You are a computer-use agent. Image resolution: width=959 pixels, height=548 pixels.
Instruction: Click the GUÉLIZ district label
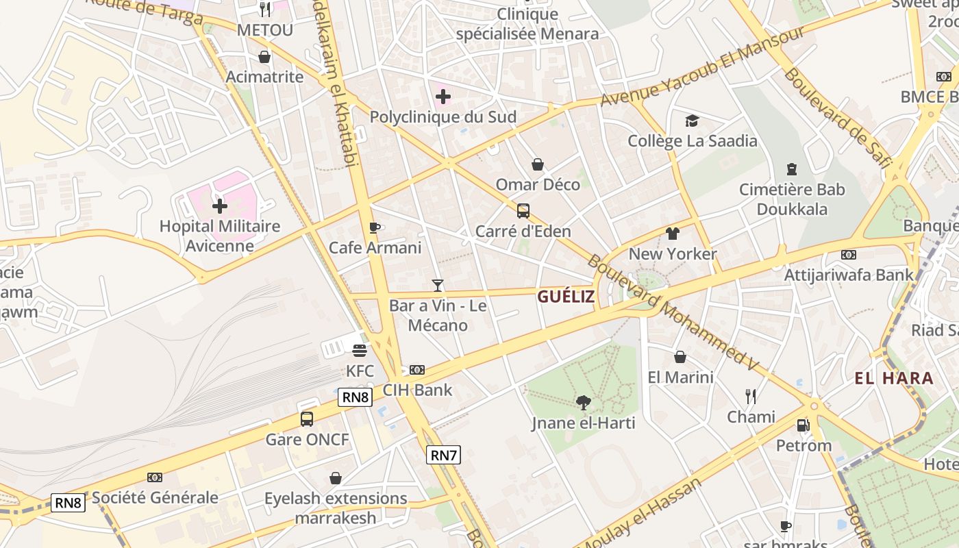tap(566, 297)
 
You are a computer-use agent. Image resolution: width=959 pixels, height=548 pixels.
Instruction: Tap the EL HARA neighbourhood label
tap(893, 378)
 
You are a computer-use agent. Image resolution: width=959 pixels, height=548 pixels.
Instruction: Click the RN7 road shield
tap(443, 455)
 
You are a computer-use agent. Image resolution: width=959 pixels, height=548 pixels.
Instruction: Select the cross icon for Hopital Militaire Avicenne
tap(220, 206)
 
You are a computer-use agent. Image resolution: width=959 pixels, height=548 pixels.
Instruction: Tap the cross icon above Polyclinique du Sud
tap(443, 97)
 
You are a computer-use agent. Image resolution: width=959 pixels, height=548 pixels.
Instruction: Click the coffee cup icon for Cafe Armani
tap(374, 227)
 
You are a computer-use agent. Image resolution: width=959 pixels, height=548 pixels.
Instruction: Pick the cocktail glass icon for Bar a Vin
tap(438, 285)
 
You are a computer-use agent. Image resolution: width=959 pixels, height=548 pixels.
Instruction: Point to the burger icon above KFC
tap(360, 351)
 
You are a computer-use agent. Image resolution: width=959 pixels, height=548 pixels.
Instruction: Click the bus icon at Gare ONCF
tap(307, 419)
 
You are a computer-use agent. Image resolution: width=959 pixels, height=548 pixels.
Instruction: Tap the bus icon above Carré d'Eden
tap(523, 211)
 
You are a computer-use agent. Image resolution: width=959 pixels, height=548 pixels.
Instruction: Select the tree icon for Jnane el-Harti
tap(584, 403)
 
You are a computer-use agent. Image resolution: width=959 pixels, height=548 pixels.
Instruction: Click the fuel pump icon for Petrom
tap(803, 425)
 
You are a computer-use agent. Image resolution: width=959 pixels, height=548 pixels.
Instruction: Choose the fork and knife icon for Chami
tap(751, 397)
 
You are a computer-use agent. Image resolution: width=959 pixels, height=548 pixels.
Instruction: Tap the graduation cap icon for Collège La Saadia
tap(692, 121)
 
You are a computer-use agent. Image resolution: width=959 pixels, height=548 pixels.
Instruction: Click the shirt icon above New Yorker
tap(672, 234)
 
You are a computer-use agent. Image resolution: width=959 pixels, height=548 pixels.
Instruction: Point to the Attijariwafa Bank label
tap(849, 275)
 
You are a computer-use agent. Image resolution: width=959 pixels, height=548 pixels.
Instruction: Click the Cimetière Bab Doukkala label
tap(792, 199)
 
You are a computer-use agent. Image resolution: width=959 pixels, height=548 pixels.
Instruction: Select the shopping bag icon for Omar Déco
tap(538, 164)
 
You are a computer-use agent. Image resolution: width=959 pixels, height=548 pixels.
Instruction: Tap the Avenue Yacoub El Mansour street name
tap(702, 68)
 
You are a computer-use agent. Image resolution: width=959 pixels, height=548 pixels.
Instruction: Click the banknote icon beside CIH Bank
tap(417, 370)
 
